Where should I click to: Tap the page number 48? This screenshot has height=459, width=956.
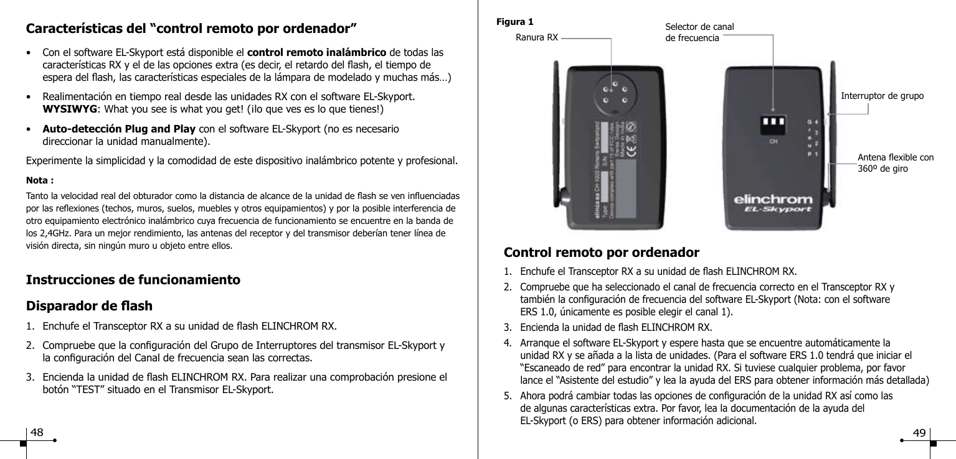coord(37,433)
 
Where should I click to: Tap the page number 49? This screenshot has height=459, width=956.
coord(919,433)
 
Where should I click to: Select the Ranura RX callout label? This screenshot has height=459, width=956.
coord(537,38)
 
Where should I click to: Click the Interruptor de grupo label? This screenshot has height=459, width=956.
coord(882,96)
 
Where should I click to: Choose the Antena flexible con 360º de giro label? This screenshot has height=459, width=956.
coord(895,162)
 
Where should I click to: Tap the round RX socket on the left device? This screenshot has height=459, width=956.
coord(610,93)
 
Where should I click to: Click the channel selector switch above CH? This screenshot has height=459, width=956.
coord(772,124)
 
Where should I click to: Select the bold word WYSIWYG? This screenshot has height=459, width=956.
coord(68,111)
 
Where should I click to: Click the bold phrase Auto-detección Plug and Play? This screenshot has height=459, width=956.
coord(119,129)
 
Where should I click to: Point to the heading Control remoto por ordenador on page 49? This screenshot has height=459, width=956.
coord(601,253)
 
